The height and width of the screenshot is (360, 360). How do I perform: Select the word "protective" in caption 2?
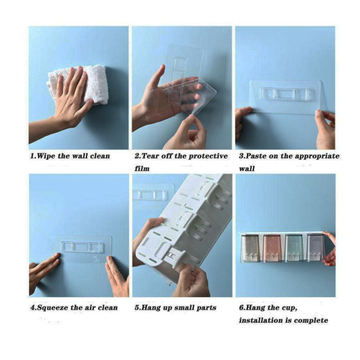[208, 156]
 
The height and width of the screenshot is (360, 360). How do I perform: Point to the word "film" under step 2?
[142, 169]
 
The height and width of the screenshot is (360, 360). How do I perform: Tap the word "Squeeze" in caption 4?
[53, 308]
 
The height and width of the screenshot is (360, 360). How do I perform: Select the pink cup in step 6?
[272, 248]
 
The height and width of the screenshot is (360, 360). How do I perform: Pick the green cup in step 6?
[294, 248]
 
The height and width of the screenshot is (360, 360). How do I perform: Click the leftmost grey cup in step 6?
[250, 248]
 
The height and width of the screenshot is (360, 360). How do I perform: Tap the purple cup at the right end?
[316, 247]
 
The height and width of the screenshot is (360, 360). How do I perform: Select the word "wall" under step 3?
[247, 169]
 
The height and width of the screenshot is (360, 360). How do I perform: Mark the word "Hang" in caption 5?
[151, 308]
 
